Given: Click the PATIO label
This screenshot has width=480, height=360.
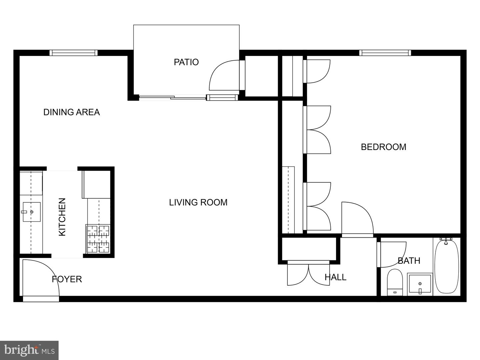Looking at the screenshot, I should click(x=186, y=62).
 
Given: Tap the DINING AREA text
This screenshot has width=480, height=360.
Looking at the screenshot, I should click(x=71, y=112).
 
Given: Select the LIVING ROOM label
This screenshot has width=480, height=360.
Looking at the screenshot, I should click(x=198, y=202).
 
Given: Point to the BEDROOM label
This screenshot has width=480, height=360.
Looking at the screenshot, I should click(x=383, y=147).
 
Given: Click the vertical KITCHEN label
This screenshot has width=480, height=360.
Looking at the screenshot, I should click(x=62, y=217).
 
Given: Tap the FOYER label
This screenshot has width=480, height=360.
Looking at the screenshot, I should click(x=67, y=279).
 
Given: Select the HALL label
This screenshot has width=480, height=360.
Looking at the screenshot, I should click(x=335, y=277).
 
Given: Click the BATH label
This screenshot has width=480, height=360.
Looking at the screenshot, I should click(x=409, y=261).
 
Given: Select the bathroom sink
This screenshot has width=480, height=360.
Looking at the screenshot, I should click(x=420, y=284).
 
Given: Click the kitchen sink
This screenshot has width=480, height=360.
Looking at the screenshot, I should click(x=32, y=212).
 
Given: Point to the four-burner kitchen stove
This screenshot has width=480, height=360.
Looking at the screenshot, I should click(x=98, y=239).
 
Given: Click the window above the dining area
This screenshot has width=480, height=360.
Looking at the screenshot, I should click(x=73, y=53).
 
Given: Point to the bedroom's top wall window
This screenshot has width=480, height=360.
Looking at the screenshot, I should click(x=385, y=53).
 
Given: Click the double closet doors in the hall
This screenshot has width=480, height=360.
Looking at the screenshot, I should click(x=308, y=274).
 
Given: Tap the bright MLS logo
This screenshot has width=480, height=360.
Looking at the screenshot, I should click(x=29, y=350).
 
